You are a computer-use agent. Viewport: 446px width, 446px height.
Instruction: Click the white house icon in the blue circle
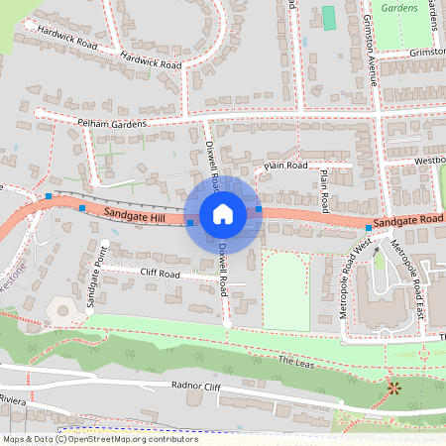pos(223,213)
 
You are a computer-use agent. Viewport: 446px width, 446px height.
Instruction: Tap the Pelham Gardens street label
pos(111,124)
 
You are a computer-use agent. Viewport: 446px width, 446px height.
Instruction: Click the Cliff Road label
pos(159,274)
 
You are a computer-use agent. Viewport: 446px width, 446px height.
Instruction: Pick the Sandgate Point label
pos(94,286)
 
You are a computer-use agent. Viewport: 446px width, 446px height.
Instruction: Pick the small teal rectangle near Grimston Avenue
pos(329,18)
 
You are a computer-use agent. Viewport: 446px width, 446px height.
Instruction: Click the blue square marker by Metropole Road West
pos(368,228)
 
